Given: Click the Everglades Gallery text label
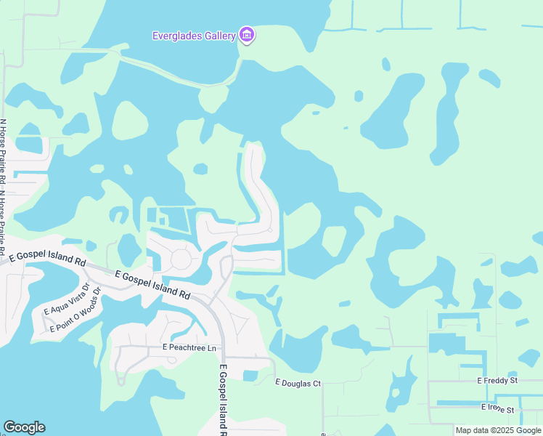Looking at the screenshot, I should point(194,36).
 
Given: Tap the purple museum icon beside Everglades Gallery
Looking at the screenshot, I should point(247,35).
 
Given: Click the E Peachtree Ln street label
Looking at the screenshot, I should point(189,349).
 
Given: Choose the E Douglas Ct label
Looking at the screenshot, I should point(298,382).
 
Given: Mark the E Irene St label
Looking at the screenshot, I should point(497,410).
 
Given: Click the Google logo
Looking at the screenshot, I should point(24,427).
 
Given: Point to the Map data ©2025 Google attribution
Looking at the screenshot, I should point(497,430).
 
